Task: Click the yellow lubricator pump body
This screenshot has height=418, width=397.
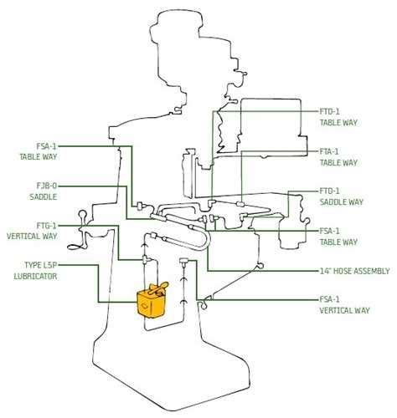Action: [151, 304]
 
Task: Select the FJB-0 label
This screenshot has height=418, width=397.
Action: [47, 186]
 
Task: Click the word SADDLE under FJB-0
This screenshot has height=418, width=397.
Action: [44, 196]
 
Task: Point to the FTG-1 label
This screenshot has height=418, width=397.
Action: [46, 225]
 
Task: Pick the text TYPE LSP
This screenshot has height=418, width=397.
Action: [40, 265]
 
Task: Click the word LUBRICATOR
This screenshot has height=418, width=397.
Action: [35, 277]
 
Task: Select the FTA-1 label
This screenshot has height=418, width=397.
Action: [329, 151]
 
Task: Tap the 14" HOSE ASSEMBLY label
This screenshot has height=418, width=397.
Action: [354, 271]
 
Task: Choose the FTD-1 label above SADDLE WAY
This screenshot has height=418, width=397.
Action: [329, 191]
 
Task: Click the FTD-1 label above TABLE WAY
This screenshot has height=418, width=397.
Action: [329, 112]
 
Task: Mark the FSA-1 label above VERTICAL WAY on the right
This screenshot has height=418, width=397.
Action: [329, 299]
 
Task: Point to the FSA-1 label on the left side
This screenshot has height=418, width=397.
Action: [46, 146]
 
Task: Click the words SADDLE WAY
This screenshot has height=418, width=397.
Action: [342, 202]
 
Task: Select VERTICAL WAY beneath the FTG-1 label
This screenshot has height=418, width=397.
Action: [32, 237]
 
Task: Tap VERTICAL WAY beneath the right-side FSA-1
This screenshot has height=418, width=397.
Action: [344, 310]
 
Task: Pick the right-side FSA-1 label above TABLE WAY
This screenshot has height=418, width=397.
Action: [329, 231]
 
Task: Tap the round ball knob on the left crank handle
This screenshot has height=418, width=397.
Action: [83, 215]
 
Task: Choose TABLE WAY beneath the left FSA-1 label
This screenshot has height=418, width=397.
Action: [39, 157]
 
